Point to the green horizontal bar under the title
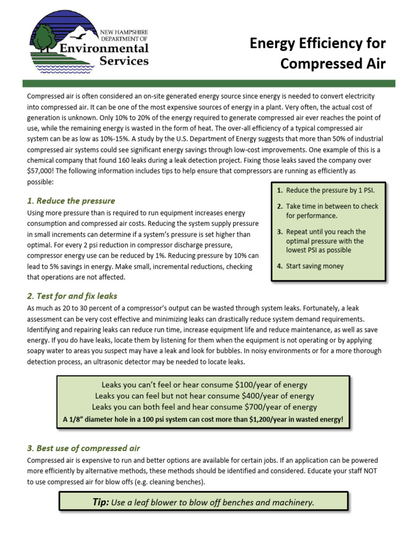click(209, 83)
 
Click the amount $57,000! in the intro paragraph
click(44, 171)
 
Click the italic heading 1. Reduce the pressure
click(71, 201)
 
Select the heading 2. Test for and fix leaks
click(72, 296)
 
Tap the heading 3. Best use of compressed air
click(83, 448)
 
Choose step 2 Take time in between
click(331, 206)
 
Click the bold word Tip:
click(102, 502)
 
